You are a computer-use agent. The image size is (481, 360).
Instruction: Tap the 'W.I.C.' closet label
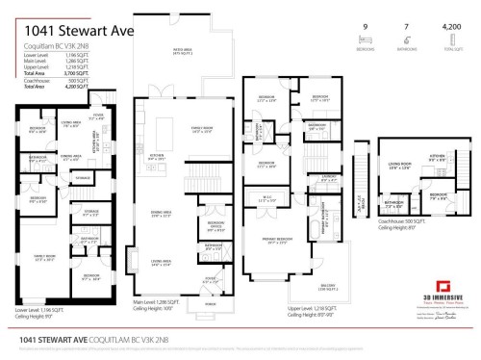tap(267, 198)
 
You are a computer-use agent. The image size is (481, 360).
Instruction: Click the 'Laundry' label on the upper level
tap(328, 177)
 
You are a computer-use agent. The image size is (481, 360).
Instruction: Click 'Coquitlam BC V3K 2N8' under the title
tap(52, 45)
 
